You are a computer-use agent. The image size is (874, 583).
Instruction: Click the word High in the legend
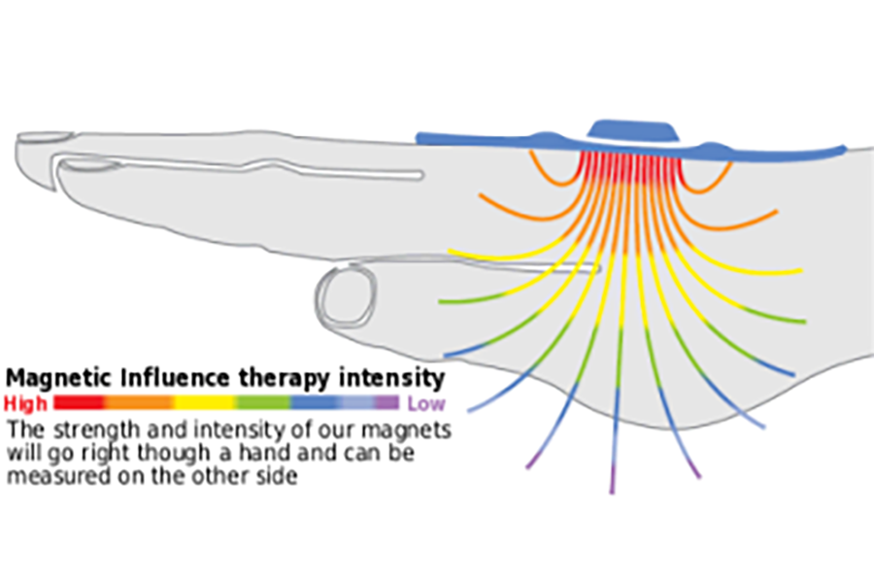click(24, 403)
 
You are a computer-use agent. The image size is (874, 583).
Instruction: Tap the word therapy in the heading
click(310, 378)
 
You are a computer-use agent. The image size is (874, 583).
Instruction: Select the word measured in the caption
click(49, 478)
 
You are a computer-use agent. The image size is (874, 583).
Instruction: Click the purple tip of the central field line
click(613, 482)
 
